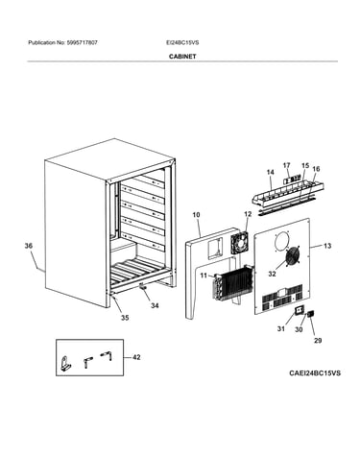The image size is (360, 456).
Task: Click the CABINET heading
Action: [182, 57]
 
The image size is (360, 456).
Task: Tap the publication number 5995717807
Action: [82, 42]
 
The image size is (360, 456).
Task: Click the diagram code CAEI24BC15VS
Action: [315, 373]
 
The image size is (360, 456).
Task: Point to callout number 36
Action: [29, 246]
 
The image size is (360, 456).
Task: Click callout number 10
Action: [196, 215]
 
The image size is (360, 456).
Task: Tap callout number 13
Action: [327, 246]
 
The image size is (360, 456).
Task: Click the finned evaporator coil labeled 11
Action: [232, 282]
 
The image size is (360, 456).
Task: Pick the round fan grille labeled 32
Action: [292, 256]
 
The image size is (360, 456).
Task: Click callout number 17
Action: [286, 165]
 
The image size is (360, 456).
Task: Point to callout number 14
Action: [271, 172]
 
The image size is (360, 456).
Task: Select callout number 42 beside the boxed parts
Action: [136, 357]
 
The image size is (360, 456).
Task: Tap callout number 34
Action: [155, 305]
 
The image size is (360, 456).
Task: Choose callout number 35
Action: [125, 318]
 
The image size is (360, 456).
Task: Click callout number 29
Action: [318, 341]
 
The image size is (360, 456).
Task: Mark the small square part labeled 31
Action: [300, 310]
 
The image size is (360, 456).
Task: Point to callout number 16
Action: [316, 169]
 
